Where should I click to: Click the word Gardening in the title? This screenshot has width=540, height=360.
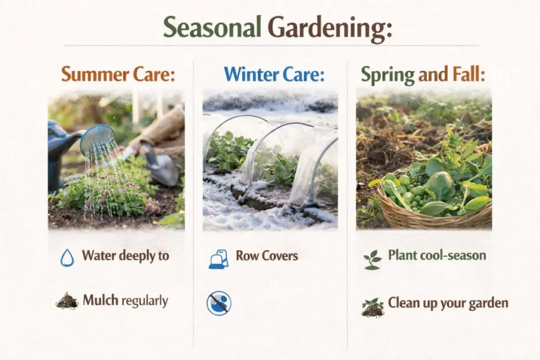[x=330, y=28]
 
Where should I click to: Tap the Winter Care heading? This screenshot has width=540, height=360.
[x=274, y=74]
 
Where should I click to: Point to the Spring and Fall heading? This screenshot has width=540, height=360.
[x=422, y=75]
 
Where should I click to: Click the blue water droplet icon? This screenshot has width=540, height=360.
[x=67, y=257]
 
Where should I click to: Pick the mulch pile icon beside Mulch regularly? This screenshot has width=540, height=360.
[x=67, y=301]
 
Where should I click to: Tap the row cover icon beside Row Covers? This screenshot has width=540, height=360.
[x=218, y=259]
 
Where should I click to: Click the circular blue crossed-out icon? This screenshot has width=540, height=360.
[x=219, y=303]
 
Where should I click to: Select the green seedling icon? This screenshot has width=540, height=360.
[x=372, y=259]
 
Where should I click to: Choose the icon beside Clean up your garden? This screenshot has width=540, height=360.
[x=372, y=307]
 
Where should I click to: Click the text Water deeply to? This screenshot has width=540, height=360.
[x=126, y=256]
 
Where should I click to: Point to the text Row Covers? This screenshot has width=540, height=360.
[x=267, y=256]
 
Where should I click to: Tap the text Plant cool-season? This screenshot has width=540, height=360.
[x=437, y=255]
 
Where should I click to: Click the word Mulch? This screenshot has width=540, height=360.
[x=101, y=300]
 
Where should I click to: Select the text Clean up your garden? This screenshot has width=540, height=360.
[x=448, y=303]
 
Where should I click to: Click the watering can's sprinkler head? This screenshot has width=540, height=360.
[x=98, y=139]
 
